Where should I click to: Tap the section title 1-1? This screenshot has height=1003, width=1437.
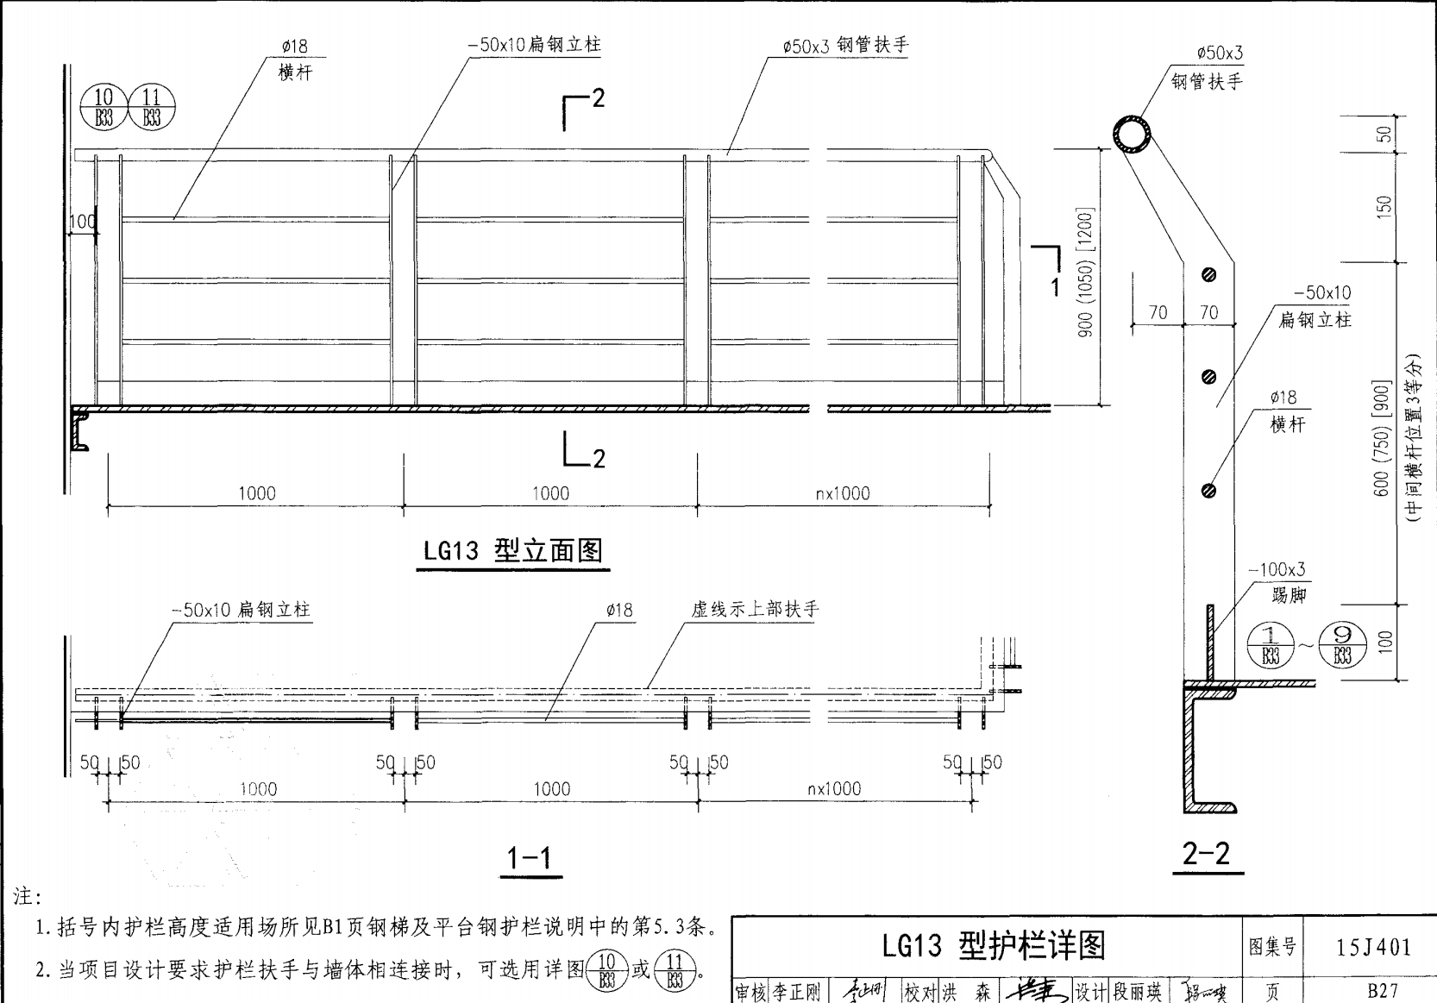click(x=530, y=857)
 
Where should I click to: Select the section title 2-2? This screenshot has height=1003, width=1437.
click(x=1206, y=853)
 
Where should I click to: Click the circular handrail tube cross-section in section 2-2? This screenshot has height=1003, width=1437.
click(x=1132, y=136)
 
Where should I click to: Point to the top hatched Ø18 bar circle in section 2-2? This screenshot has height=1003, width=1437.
click(x=1208, y=275)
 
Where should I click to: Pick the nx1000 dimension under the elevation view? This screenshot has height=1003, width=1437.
click(x=843, y=493)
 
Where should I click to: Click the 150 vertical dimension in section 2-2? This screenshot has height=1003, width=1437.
click(x=1384, y=206)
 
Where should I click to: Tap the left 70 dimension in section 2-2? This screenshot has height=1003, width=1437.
click(x=1158, y=312)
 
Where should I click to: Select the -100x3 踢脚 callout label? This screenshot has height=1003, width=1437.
click(x=1277, y=581)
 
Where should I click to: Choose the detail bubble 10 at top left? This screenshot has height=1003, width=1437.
click(x=104, y=108)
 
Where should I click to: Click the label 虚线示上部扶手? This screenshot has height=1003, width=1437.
click(x=755, y=609)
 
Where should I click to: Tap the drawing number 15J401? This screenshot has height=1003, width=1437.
click(x=1374, y=947)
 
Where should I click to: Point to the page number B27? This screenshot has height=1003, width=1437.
click(x=1383, y=991)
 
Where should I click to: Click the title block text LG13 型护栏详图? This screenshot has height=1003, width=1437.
click(x=993, y=946)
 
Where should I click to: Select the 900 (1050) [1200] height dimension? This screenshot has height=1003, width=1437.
click(x=1085, y=271)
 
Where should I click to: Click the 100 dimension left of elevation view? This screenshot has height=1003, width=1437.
click(x=83, y=222)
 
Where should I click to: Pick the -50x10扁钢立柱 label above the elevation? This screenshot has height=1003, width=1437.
click(x=534, y=45)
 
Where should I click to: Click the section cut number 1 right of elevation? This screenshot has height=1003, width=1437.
click(x=1054, y=286)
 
